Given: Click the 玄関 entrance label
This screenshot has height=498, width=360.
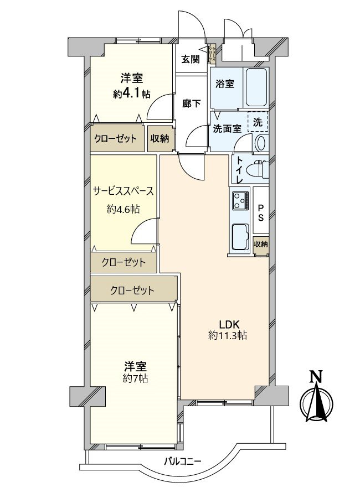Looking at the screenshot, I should [x=190, y=59].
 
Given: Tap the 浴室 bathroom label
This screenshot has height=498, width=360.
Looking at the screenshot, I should [x=225, y=84].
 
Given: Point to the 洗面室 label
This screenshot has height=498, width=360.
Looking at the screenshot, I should [x=227, y=128].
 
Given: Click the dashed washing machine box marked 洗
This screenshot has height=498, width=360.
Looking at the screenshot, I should [x=258, y=122].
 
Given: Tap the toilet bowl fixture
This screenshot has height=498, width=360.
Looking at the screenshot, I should [x=256, y=168].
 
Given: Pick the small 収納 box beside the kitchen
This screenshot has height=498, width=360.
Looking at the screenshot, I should [x=260, y=245].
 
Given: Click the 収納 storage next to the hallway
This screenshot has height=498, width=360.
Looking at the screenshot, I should [x=161, y=138].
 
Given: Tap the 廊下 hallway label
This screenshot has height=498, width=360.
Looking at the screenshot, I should [x=192, y=102].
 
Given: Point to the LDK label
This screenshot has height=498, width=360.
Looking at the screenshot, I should [x=228, y=324].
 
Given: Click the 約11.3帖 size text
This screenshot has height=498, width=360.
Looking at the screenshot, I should [x=228, y=335].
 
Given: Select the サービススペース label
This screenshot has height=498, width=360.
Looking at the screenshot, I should [x=123, y=191].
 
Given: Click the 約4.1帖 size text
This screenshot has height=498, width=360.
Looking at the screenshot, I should [x=132, y=94].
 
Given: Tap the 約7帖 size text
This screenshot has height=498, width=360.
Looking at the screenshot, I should [x=135, y=379].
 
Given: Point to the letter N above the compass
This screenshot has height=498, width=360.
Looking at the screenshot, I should [x=316, y=376].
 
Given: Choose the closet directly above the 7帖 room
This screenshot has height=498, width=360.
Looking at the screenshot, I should [x=133, y=290].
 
